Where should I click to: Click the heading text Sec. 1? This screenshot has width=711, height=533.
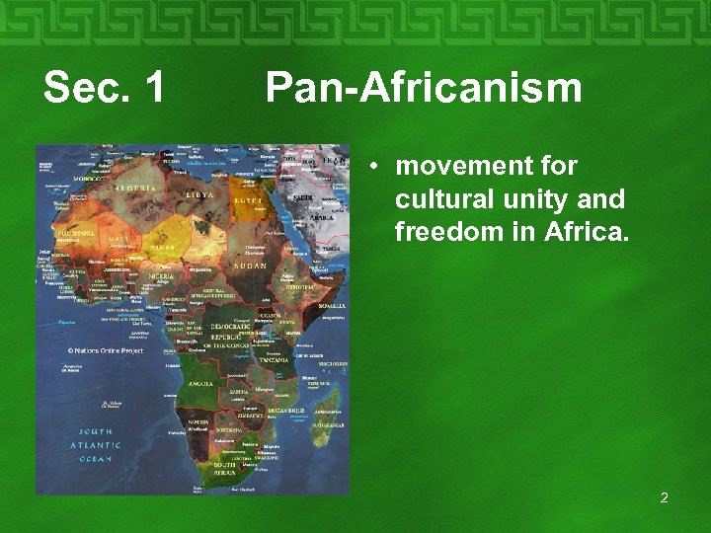pos(105,89)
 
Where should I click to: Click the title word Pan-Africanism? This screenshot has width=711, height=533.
pos(424,89)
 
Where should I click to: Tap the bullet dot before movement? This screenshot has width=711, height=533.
pos(375,166)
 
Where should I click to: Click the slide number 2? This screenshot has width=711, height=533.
pos(664,497)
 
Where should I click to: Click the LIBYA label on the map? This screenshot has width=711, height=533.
pos(201,195)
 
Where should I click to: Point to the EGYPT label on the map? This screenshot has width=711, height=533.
pos(247,201)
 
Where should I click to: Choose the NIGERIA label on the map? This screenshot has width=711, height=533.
pos(160,277)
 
